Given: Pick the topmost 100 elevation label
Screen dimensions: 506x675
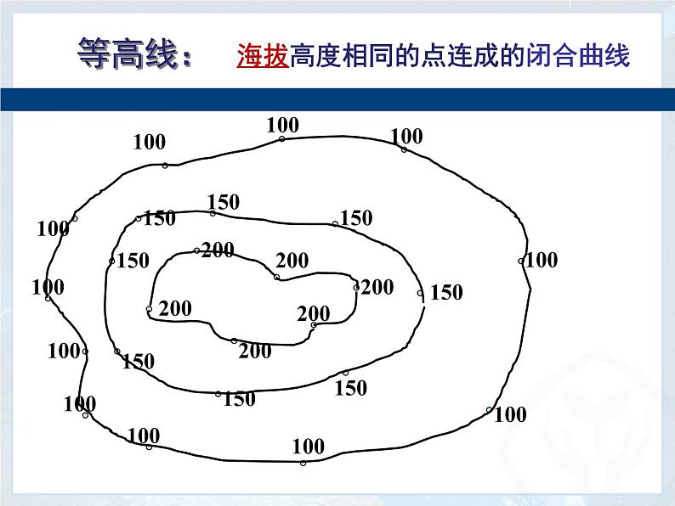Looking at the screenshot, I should click(282, 125).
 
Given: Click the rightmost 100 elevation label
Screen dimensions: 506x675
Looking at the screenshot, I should click(542, 260).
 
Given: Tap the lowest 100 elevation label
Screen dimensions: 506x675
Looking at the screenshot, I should click(308, 446).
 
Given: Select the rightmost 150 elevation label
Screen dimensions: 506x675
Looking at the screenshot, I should click(446, 293).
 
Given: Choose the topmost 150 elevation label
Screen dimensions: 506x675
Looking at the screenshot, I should click(224, 202).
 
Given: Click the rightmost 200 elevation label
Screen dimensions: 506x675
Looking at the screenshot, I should click(377, 287).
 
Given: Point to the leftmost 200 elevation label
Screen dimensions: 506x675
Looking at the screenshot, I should click(175, 308).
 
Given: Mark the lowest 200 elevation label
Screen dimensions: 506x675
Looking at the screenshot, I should click(255, 351).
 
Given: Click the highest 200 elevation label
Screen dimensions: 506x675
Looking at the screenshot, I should click(218, 250).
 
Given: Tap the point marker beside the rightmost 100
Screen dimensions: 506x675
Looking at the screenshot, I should click(521, 261).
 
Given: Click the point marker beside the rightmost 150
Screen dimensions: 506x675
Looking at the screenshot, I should click(420, 294).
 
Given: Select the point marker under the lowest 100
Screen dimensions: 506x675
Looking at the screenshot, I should click(303, 463).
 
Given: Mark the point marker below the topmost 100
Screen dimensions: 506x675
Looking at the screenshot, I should click(282, 138).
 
